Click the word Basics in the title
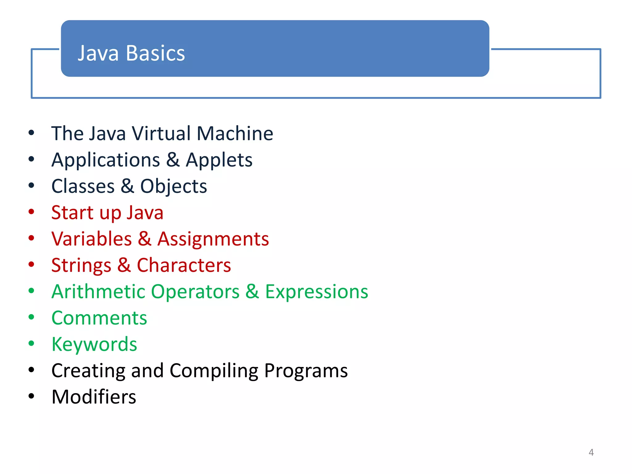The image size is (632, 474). coord(155,53)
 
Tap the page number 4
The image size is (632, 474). coord(591,452)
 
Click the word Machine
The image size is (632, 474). coord(235,134)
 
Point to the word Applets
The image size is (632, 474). coord(219,160)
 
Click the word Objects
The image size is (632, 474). coord(173,186)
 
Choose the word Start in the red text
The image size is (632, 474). coord(73,213)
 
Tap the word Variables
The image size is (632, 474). coord(92,239)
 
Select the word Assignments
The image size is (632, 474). coord(213,239)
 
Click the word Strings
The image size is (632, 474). coord(81,266)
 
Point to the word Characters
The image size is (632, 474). coord(184,265)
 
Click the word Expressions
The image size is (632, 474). coord(317,292)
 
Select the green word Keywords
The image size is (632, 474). coord(94,344)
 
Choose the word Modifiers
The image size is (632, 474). coord(94,397)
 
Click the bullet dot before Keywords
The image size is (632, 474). coord(31,343)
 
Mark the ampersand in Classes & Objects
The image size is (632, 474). coord(127,186)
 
